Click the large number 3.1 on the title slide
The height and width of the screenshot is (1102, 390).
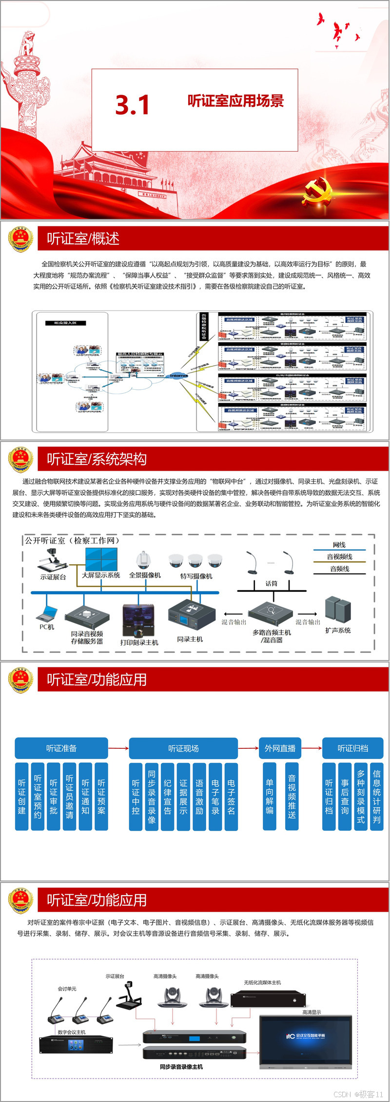(x=132, y=105)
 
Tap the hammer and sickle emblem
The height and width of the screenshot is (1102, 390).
(x=317, y=190)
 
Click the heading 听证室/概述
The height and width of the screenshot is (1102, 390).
(x=83, y=239)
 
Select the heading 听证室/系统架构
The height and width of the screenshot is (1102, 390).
(x=97, y=459)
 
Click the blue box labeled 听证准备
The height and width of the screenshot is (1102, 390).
(x=61, y=748)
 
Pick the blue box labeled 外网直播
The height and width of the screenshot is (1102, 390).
(x=280, y=748)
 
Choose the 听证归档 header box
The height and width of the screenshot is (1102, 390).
(x=353, y=748)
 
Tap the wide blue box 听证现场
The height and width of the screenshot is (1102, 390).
(x=183, y=748)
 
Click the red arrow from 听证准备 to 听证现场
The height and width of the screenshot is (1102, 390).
(x=118, y=748)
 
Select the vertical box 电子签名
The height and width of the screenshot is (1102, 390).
(x=231, y=797)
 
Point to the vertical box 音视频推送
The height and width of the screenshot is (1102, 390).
(x=292, y=797)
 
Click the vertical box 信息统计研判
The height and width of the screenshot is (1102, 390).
(x=376, y=797)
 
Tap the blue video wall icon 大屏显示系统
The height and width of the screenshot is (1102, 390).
(x=101, y=559)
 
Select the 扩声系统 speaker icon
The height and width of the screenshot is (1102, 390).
(x=338, y=609)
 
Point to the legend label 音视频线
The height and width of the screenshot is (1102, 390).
(x=339, y=557)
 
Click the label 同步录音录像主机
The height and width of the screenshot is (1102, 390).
(x=181, y=1067)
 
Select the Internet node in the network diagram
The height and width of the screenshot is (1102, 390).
(x=178, y=376)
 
